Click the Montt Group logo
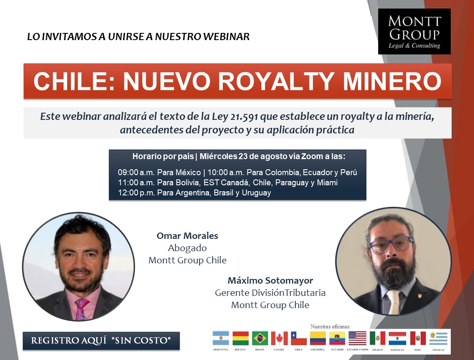point(414,31)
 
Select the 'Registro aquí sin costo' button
point(101,341)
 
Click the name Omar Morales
point(187,236)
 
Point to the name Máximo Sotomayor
point(270,281)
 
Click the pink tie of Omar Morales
point(81,309)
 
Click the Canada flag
point(279,338)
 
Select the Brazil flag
point(260,338)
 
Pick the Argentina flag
point(221,338)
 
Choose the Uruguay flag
point(438,338)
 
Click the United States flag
point(358,338)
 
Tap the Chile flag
point(299,338)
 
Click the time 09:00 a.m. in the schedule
point(136,173)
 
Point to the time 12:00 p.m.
point(136,193)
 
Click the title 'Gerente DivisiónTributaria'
point(270,292)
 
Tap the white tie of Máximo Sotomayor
point(393,301)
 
